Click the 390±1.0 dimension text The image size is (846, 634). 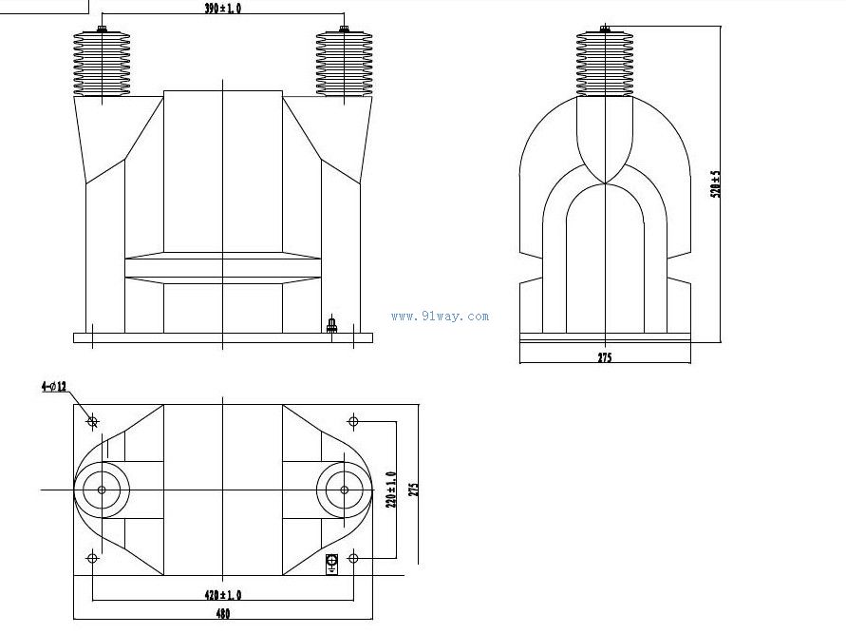[222, 9]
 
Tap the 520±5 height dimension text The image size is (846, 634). [717, 183]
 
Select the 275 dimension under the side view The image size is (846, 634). [605, 358]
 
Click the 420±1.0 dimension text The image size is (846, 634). [223, 594]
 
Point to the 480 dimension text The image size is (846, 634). [222, 615]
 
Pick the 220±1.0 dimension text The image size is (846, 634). [390, 489]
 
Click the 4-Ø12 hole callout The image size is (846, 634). [53, 387]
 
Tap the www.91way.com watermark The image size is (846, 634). [440, 317]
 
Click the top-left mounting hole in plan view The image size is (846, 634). [92, 420]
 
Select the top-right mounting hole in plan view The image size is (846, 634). [353, 420]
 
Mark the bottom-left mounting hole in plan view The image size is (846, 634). [92, 558]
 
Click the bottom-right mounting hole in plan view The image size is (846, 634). [353, 558]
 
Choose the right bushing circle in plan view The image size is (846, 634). [343, 490]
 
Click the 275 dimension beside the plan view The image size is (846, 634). [412, 489]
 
